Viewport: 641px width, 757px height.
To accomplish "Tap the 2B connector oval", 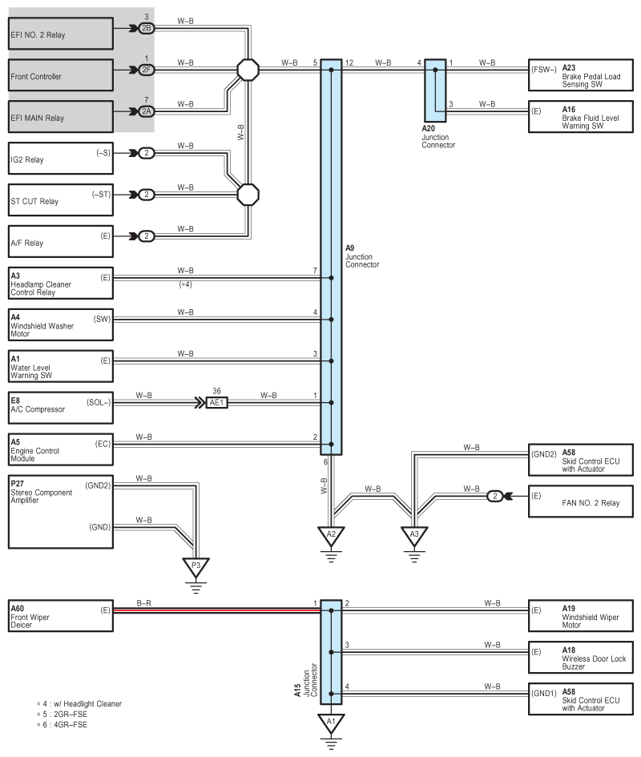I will click(x=146, y=28).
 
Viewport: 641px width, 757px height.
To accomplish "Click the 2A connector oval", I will click(x=146, y=111).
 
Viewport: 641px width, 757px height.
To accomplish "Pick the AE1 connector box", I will click(x=216, y=403).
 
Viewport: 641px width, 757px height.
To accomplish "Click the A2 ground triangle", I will click(x=331, y=535).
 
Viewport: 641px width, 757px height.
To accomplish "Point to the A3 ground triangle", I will click(x=414, y=535).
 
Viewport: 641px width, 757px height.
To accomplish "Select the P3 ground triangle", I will click(x=195, y=567).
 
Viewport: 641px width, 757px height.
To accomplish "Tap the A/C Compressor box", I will click(x=59, y=403).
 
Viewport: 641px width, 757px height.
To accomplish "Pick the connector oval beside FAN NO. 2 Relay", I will click(x=496, y=497).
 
